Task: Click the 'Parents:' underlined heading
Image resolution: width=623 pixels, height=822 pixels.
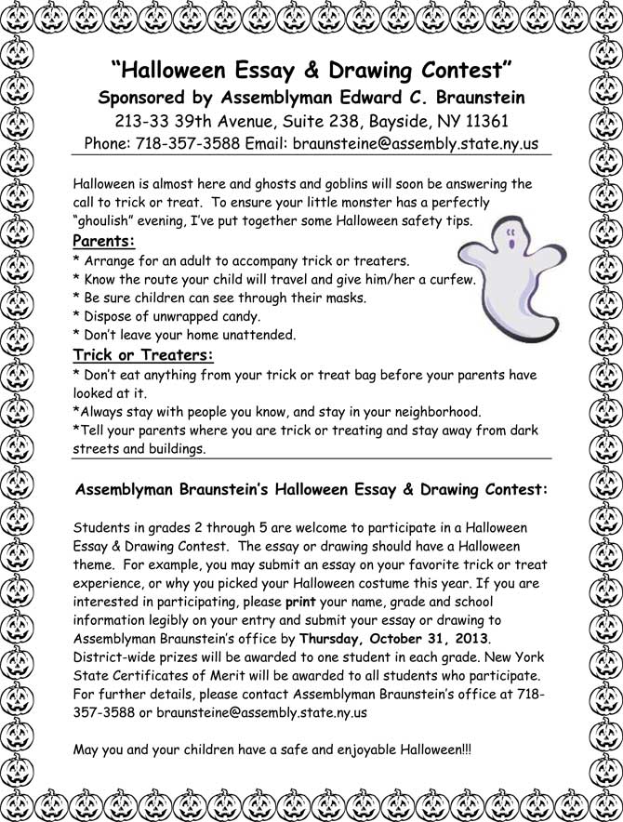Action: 103,242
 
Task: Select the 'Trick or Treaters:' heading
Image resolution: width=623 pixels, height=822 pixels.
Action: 143,354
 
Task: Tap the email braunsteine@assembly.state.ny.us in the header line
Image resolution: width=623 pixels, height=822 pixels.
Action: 416,144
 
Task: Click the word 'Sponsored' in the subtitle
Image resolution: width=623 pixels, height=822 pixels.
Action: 145,98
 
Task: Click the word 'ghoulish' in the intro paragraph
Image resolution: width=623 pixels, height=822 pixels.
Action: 108,220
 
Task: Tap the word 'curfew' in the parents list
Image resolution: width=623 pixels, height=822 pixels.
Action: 451,279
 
